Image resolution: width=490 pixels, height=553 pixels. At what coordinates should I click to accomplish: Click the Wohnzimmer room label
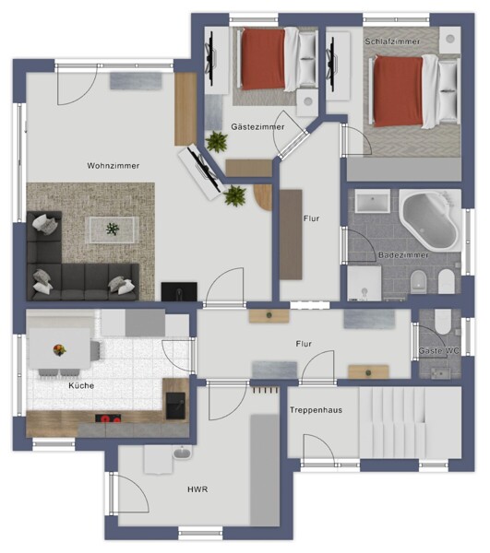click(x=113, y=165)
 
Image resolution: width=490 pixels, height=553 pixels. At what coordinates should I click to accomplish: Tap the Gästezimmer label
click(x=257, y=126)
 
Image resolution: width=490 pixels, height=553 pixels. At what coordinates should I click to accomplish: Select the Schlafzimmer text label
click(x=392, y=41)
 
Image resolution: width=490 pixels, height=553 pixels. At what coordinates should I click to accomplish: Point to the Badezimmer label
click(x=403, y=254)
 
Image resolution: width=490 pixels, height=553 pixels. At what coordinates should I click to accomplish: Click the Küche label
click(x=81, y=385)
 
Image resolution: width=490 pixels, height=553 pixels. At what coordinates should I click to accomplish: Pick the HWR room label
click(x=197, y=489)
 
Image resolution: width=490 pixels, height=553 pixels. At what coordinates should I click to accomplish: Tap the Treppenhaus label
click(x=316, y=410)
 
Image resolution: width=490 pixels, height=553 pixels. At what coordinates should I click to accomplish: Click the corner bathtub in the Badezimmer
click(x=430, y=220)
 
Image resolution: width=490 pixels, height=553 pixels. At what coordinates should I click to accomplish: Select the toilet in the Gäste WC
click(x=443, y=322)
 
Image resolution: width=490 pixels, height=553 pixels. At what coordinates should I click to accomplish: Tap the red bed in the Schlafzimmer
click(x=415, y=91)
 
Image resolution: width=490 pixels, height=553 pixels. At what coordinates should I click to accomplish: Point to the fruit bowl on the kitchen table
click(x=59, y=350)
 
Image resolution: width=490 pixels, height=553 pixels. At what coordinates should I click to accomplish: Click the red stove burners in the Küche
click(x=108, y=418)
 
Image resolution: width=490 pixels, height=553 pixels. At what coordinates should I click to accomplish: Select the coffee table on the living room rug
click(x=113, y=229)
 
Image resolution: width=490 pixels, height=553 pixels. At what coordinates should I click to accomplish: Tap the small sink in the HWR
click(x=182, y=453)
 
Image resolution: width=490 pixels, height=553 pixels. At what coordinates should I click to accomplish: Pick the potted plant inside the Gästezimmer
click(x=217, y=141)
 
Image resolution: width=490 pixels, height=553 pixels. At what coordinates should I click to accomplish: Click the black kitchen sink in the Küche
click(x=175, y=406)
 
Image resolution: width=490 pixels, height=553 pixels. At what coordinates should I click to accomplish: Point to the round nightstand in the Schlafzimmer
click(x=450, y=39)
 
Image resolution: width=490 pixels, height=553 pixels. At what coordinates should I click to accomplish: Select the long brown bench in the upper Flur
click(x=291, y=235)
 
